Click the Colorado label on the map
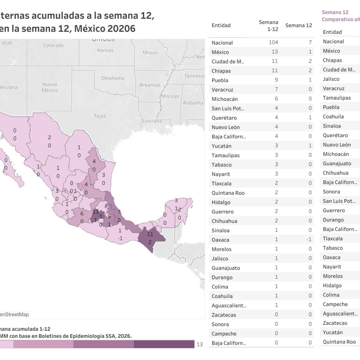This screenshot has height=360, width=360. pyautogui.click(x=53, y=46)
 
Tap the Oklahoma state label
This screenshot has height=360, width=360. pyautogui.click(x=113, y=78)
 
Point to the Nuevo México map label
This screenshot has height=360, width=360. pyautogui.click(x=50, y=87)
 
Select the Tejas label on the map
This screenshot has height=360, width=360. pyautogui.click(x=100, y=116)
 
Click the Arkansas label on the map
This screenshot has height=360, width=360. pyautogui.click(x=150, y=85)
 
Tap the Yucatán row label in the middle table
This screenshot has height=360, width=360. pyautogui.click(x=221, y=146)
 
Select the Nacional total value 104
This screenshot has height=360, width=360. pyautogui.click(x=273, y=42)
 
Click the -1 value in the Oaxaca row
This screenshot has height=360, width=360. pyautogui.click(x=309, y=239)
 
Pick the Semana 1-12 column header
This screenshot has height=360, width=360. pyautogui.click(x=268, y=26)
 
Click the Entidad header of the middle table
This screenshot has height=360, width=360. pyautogui.click(x=221, y=25)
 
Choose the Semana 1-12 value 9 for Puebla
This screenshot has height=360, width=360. pyautogui.click(x=276, y=80)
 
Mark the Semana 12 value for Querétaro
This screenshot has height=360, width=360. pyautogui.click(x=310, y=117)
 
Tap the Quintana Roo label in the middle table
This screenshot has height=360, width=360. pyautogui.click(x=228, y=193)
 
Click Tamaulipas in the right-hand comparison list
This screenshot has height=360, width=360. pyautogui.click(x=337, y=98)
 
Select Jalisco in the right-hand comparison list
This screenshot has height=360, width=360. pyautogui.click(x=331, y=79)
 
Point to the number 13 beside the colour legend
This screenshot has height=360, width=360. pyautogui.click(x=200, y=344)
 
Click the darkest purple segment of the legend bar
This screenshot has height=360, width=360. pyautogui.click(x=164, y=344)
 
